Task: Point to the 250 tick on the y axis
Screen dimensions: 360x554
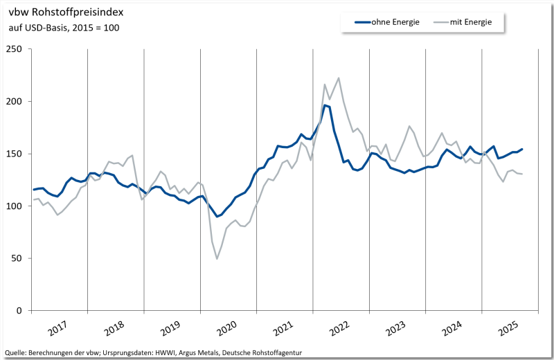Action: (14, 49)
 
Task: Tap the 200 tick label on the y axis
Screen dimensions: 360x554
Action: (14, 102)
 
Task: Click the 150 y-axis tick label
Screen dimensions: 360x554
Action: (14, 154)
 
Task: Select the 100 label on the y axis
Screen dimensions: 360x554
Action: (14, 206)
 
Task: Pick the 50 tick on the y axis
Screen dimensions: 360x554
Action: (17, 259)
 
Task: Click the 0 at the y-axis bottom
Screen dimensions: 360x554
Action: (19, 311)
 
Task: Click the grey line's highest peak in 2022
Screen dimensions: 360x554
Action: (338, 78)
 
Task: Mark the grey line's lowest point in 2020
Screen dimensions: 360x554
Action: (217, 259)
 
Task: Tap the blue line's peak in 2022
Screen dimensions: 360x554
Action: (325, 105)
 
